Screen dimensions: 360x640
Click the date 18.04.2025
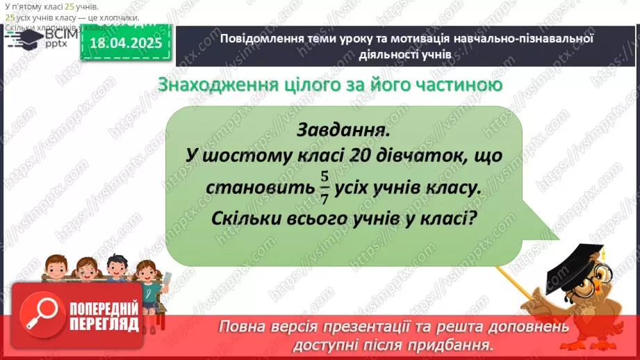pyautogui.click(x=126, y=44)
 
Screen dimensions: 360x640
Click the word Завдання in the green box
pyautogui.click(x=341, y=130)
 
